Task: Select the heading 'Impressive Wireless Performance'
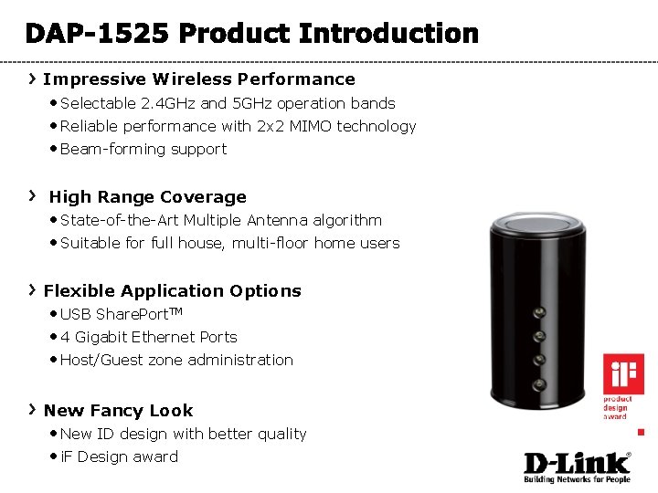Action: pyautogui.click(x=199, y=79)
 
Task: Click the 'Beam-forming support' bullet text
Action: pyautogui.click(x=143, y=149)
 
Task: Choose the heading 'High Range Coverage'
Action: pyautogui.click(x=147, y=197)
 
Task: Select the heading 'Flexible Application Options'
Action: pyautogui.click(x=172, y=291)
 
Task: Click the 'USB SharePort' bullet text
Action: pyautogui.click(x=119, y=314)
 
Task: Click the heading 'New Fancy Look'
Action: pyautogui.click(x=118, y=411)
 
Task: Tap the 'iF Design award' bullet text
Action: pyautogui.click(x=119, y=456)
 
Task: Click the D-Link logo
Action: pyautogui.click(x=577, y=462)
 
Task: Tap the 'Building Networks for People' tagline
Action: pyautogui.click(x=577, y=478)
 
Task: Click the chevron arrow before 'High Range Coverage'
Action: pyautogui.click(x=32, y=195)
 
